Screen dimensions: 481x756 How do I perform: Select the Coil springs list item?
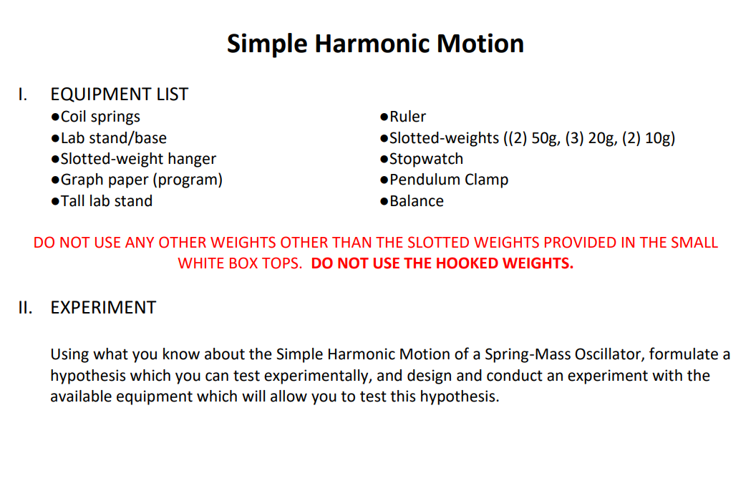click(x=100, y=117)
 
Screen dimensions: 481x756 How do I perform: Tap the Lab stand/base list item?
click(x=113, y=138)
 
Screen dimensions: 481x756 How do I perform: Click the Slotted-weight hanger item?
click(x=138, y=159)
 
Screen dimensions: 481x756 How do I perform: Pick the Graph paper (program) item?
click(x=141, y=180)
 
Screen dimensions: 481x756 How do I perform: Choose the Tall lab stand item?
click(x=106, y=201)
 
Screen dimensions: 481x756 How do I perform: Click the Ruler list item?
click(x=407, y=117)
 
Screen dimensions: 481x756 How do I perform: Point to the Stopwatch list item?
click(x=426, y=159)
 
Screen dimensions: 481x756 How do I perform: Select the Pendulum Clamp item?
click(x=449, y=180)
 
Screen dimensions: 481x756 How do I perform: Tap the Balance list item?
click(x=417, y=201)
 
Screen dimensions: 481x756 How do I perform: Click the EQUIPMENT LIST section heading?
click(x=120, y=94)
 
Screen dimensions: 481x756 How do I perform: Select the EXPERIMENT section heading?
click(x=103, y=308)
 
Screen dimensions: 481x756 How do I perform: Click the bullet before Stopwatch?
click(x=384, y=160)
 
